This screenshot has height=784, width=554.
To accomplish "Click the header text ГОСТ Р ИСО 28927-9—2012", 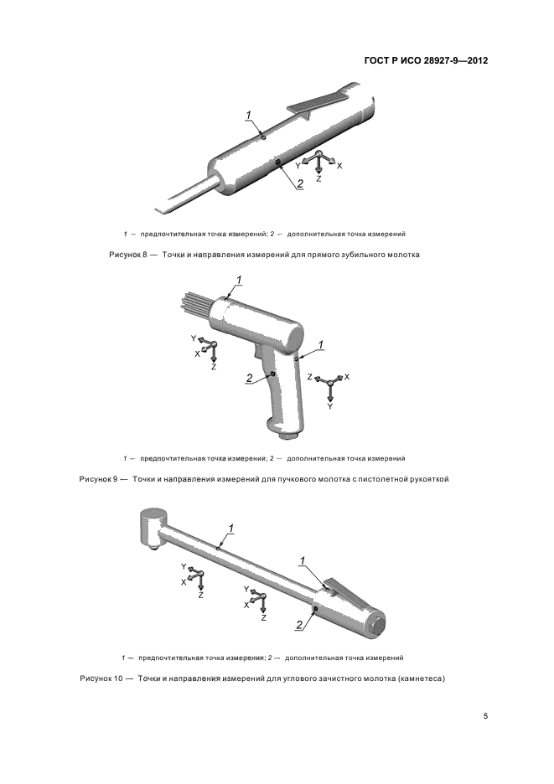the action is (x=426, y=61).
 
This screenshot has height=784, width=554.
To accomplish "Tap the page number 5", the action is (x=485, y=716).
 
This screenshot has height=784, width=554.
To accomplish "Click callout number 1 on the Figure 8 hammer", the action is (x=249, y=116).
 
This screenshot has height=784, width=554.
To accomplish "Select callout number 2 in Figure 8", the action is (x=300, y=184).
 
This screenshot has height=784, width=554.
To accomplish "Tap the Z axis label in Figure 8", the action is (x=318, y=178).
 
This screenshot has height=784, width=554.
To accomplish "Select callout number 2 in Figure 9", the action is (x=249, y=379).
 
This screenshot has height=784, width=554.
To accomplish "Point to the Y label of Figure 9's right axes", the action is (x=330, y=406).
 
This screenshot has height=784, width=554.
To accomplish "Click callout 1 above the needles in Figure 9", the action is (x=239, y=281).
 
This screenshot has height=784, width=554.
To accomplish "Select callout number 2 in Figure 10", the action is (x=299, y=624).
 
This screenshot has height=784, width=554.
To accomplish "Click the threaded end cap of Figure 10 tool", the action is (x=379, y=626).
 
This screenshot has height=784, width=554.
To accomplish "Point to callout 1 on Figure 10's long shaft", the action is (x=231, y=529).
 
